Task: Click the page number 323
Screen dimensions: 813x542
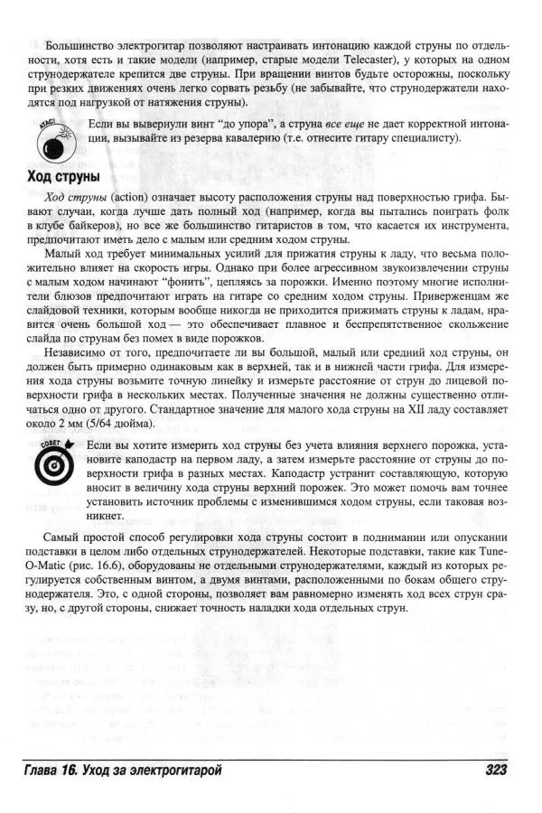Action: pos(490,770)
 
